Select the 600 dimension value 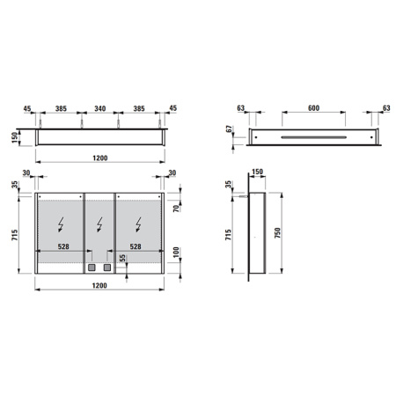pyautogui.click(x=312, y=109)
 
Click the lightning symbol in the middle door pyautogui.click(x=99, y=223)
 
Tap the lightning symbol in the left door pyautogui.click(x=59, y=223)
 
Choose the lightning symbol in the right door pyautogui.click(x=139, y=223)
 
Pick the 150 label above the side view pyautogui.click(x=258, y=173)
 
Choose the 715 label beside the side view pyautogui.click(x=230, y=236)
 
